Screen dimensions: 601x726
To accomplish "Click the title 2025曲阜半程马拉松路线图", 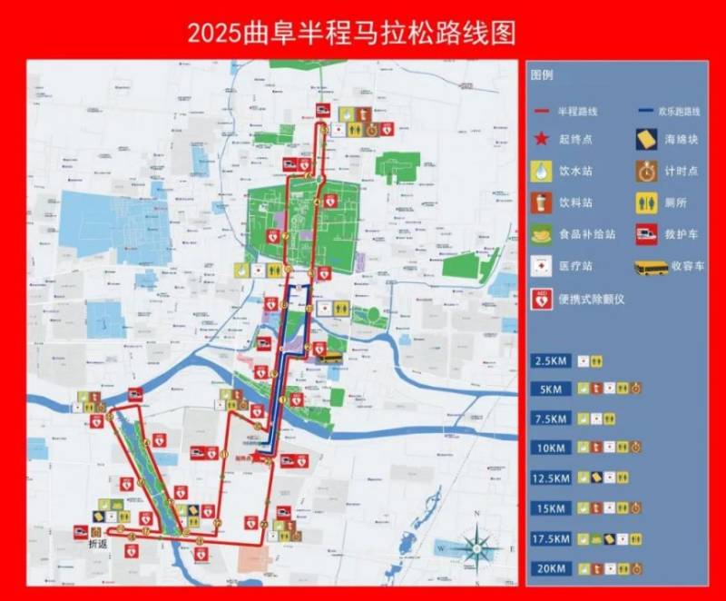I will pos(351,33).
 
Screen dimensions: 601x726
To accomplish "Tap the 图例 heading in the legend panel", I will pos(543,75).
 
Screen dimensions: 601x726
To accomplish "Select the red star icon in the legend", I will pos(542,139).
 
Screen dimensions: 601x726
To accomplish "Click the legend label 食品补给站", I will pos(585,234).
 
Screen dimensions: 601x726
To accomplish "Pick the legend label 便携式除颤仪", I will pos(593,298).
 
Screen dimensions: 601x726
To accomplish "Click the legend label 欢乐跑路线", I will pos(682,111).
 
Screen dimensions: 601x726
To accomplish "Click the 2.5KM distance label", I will pos(551,361).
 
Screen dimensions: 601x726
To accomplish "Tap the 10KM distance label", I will pos(551,447).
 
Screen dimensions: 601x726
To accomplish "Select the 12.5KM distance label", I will pos(551,478).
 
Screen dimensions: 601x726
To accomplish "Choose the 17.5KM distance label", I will pos(551,538).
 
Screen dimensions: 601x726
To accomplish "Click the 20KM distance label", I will pos(551,569).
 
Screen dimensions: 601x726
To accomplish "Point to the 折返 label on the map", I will pos(97,545).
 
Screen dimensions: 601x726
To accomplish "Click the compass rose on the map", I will pos(476,547).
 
